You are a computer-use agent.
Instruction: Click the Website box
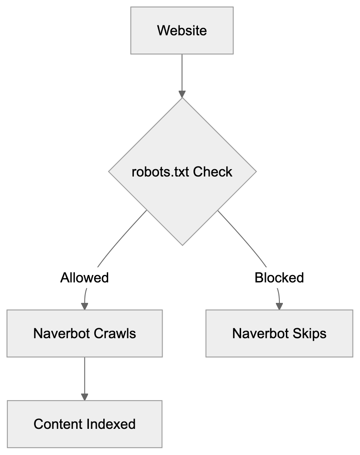182,31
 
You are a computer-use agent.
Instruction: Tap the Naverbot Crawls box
85,333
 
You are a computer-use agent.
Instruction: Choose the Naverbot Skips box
279,333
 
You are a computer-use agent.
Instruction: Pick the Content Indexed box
85,424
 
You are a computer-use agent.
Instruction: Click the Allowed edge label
85,278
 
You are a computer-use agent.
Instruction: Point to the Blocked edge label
279,278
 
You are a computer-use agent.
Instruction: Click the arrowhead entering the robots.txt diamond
182,94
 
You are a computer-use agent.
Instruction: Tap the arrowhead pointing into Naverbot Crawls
85,306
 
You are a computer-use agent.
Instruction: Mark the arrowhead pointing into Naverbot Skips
279,306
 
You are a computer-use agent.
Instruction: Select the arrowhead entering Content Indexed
85,397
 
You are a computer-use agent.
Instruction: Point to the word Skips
310,333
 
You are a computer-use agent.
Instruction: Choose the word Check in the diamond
213,172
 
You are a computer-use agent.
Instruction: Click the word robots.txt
161,172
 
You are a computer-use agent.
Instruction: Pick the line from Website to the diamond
182,72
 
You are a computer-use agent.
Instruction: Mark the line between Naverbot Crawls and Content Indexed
85,375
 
